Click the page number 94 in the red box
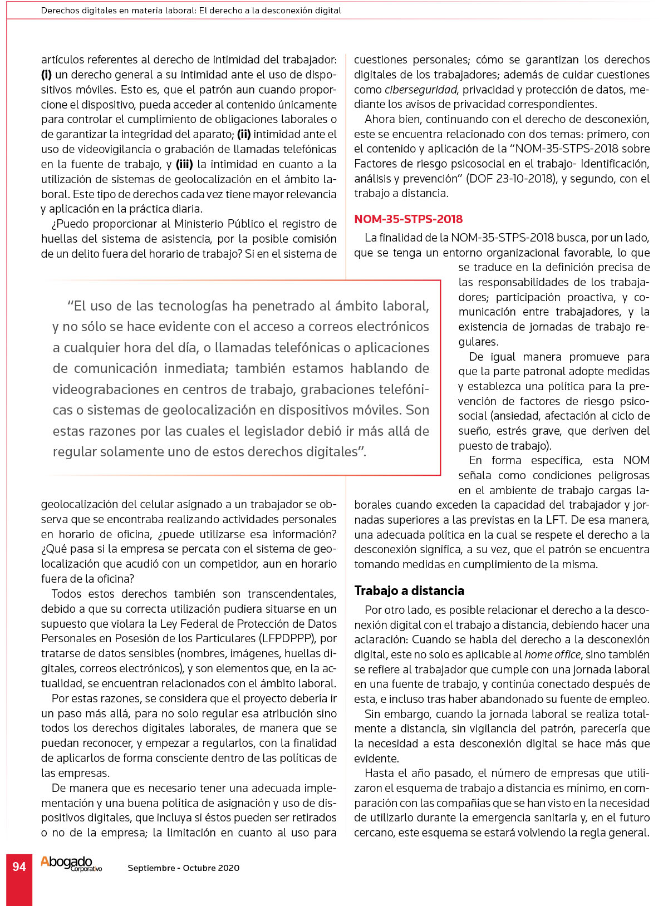pos(19,866)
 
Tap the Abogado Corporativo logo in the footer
pos(71,864)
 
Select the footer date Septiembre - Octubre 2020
pos(183,868)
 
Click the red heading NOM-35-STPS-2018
pos(408,219)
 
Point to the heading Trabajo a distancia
pos(409,590)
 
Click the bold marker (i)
pos(47,75)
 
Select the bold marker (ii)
pos(244,134)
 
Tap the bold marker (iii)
pos(184,164)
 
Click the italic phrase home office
pos(552,654)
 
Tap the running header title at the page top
pos(191,11)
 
